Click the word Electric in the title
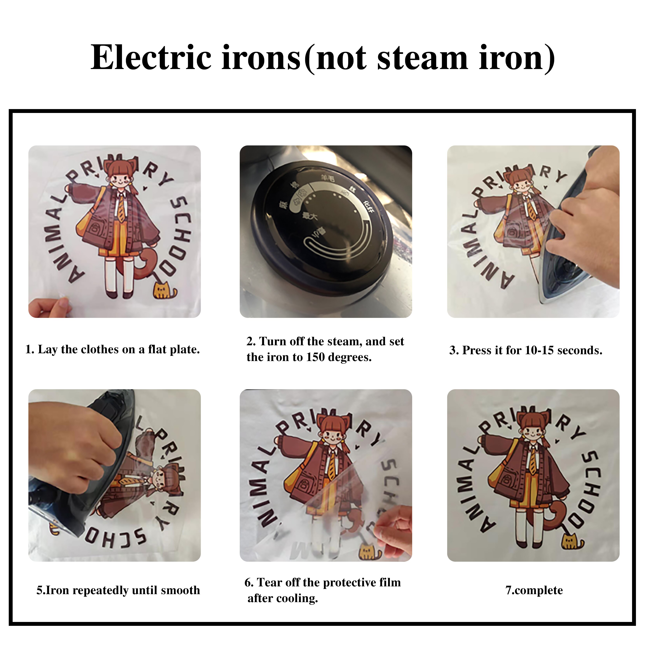click(x=151, y=58)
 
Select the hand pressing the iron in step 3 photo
click(x=584, y=221)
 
